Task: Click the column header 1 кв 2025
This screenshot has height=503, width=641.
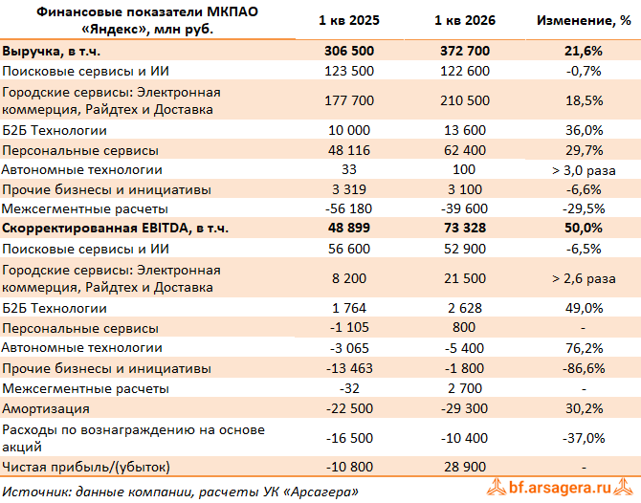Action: (x=349, y=20)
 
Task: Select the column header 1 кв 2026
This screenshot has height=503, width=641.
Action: (x=465, y=20)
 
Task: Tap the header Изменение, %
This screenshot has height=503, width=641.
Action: (x=584, y=20)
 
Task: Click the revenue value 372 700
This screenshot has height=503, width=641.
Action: (x=465, y=51)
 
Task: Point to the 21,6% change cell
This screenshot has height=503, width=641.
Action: (x=584, y=51)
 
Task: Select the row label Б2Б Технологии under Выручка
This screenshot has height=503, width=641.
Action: (x=55, y=130)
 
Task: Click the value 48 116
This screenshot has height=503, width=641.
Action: (x=349, y=150)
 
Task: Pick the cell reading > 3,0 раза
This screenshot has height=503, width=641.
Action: (x=584, y=170)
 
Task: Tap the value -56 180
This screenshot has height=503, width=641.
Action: (x=348, y=208)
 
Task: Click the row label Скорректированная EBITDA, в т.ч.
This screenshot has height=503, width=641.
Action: (x=115, y=228)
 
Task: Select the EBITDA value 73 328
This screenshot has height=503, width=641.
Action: (x=465, y=228)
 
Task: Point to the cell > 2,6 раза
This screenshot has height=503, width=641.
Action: (x=584, y=278)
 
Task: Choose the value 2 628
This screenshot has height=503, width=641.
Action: (x=465, y=308)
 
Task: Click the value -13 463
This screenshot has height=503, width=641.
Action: (x=349, y=368)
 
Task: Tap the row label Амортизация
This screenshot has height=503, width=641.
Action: (x=46, y=408)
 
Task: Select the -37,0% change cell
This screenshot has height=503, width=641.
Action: (x=584, y=438)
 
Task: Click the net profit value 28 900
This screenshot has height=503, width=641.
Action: (x=465, y=467)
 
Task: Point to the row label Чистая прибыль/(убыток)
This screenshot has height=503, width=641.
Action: (x=86, y=467)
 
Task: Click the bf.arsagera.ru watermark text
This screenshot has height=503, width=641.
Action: (x=560, y=488)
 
